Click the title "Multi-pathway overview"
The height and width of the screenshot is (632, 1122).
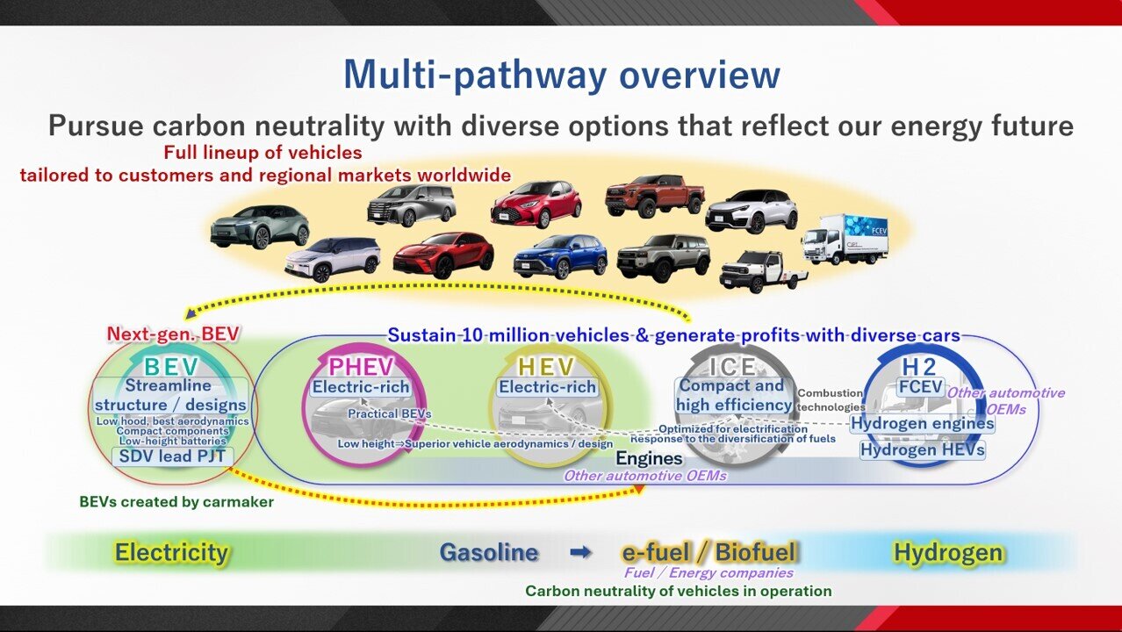[x=562, y=75]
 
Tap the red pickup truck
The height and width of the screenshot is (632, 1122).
[x=655, y=196]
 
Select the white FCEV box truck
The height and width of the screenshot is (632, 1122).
[x=845, y=240]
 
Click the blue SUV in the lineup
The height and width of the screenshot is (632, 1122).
[x=560, y=256]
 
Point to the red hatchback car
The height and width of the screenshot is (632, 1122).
[x=536, y=204]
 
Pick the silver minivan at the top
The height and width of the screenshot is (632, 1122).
[x=412, y=205]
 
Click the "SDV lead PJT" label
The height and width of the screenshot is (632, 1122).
[x=172, y=456]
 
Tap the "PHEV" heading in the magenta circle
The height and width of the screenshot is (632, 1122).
[x=361, y=367]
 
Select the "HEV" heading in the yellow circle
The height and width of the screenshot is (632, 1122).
[x=546, y=367]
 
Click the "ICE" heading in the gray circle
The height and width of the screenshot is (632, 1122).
[x=732, y=367]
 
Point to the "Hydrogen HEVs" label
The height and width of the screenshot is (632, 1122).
[x=922, y=449]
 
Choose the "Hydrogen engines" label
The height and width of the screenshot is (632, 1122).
[x=922, y=424]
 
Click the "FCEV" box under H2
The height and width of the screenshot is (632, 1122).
[x=921, y=387]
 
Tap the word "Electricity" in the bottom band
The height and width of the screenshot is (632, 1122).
[x=171, y=552]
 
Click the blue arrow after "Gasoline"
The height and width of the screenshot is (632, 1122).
[x=580, y=552]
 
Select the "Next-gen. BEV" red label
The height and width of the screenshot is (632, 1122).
[x=173, y=334]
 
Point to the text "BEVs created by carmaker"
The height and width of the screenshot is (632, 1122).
[x=176, y=502]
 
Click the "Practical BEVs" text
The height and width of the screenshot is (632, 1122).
[x=389, y=413]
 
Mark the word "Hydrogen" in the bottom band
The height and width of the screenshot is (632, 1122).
[x=948, y=553]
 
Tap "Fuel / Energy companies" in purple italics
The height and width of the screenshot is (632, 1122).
[x=708, y=572]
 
